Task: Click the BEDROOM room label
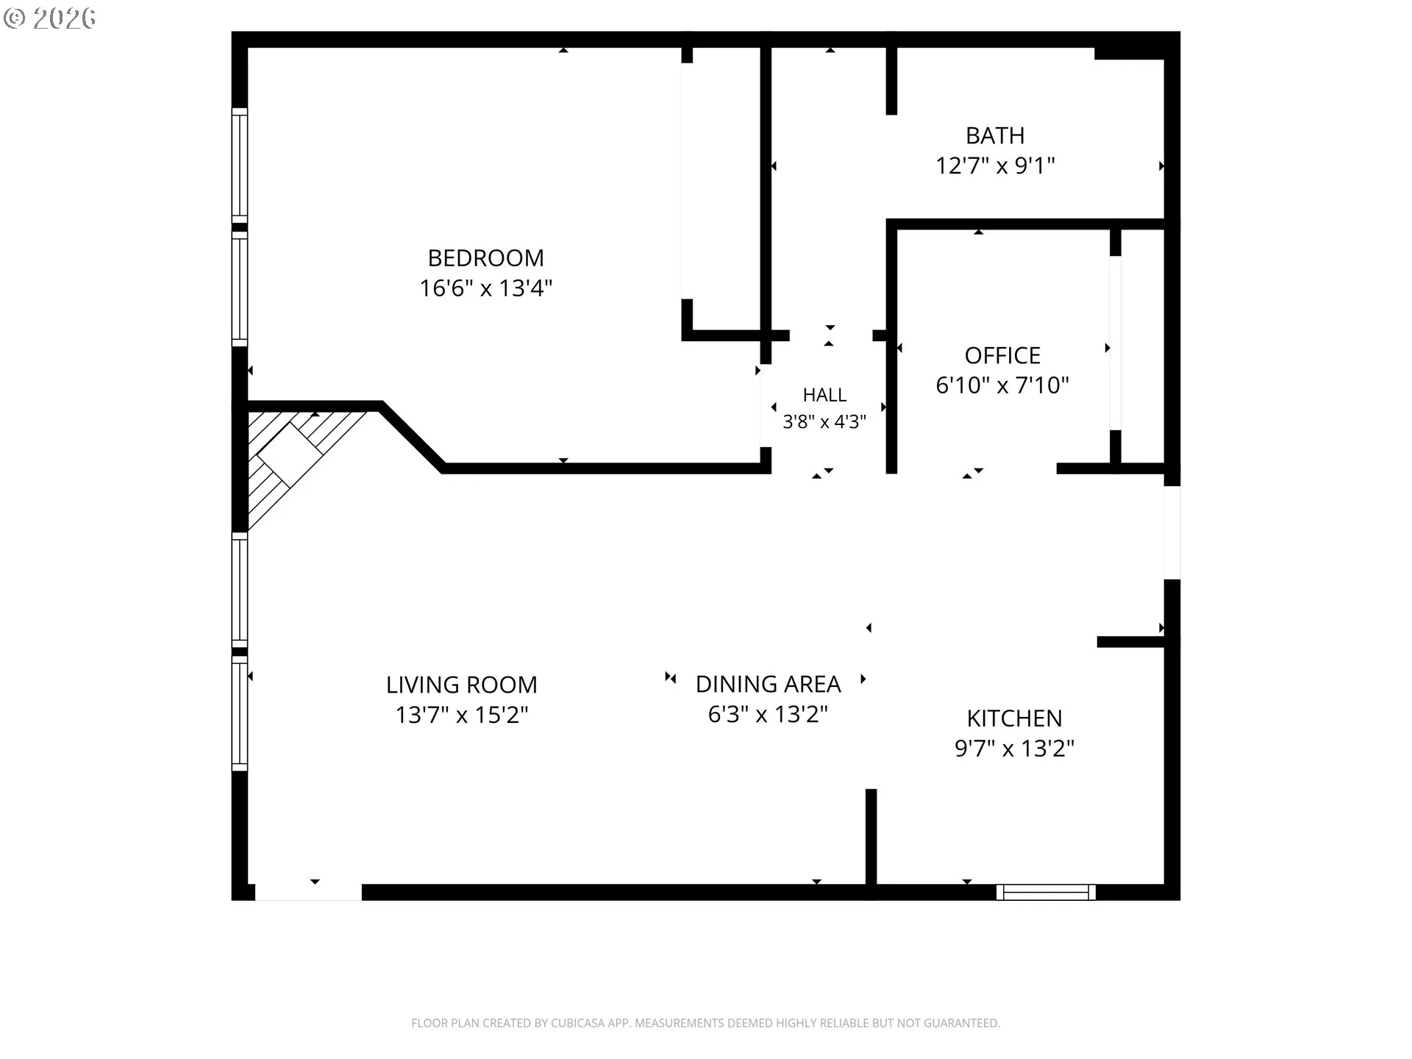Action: pos(486,258)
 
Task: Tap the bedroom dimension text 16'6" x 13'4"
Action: pos(486,288)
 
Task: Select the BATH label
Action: pos(995,136)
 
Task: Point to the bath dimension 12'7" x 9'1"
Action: pos(995,165)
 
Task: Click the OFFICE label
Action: pos(1002,356)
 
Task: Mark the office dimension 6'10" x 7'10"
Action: pos(1002,385)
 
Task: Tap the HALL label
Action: pos(824,396)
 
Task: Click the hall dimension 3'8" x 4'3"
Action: pos(824,422)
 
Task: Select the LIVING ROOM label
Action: pos(462,685)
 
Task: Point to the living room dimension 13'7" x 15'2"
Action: pos(462,715)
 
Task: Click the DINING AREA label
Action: pos(768,685)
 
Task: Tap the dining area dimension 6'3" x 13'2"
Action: pos(768,714)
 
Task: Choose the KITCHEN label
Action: pos(1014,719)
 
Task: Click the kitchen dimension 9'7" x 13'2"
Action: pos(1014,749)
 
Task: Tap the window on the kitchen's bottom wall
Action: pos(1046,892)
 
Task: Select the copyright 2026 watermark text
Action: pos(50,18)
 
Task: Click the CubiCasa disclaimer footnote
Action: pos(705,1023)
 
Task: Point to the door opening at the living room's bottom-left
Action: pos(308,892)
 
